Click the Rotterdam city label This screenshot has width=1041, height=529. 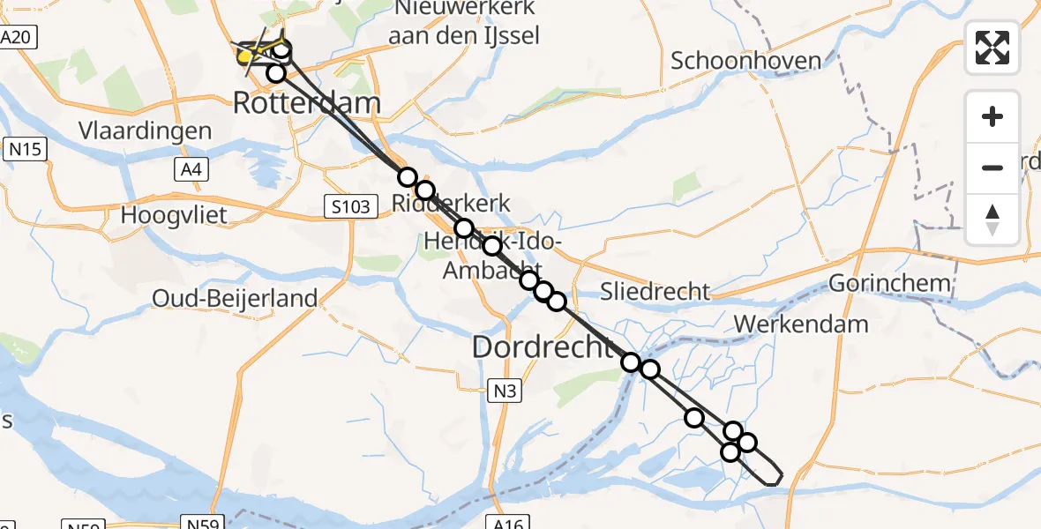307,104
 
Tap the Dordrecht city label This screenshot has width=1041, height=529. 543,346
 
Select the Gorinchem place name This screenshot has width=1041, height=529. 889,284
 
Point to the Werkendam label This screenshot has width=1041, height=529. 801,324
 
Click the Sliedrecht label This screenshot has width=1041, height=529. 655,291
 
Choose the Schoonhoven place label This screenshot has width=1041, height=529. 745,61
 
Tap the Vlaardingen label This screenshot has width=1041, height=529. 132,131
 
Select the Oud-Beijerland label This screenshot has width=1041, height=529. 235,298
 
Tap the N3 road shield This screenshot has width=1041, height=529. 504,390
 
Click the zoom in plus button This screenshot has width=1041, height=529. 992,116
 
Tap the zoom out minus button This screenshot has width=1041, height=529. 992,168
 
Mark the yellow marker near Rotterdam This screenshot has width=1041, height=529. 246,57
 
